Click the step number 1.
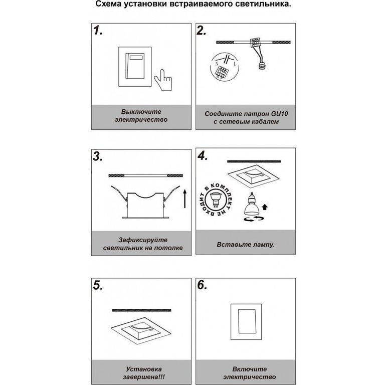point(98,31)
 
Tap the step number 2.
point(202,31)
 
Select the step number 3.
point(98,156)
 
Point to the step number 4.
point(203,155)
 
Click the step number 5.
point(98,285)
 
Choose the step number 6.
point(203,285)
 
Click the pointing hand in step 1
point(163,80)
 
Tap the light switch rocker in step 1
point(135,66)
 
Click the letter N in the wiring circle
point(217,64)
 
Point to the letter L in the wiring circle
point(235,64)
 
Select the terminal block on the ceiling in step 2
point(255,42)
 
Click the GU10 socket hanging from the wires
point(262,66)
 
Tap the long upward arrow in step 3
point(185,199)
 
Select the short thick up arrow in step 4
point(265,207)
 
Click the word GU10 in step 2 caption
point(279,114)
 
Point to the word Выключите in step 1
point(141,112)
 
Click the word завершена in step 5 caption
point(144,377)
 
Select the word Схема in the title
point(108,4)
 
